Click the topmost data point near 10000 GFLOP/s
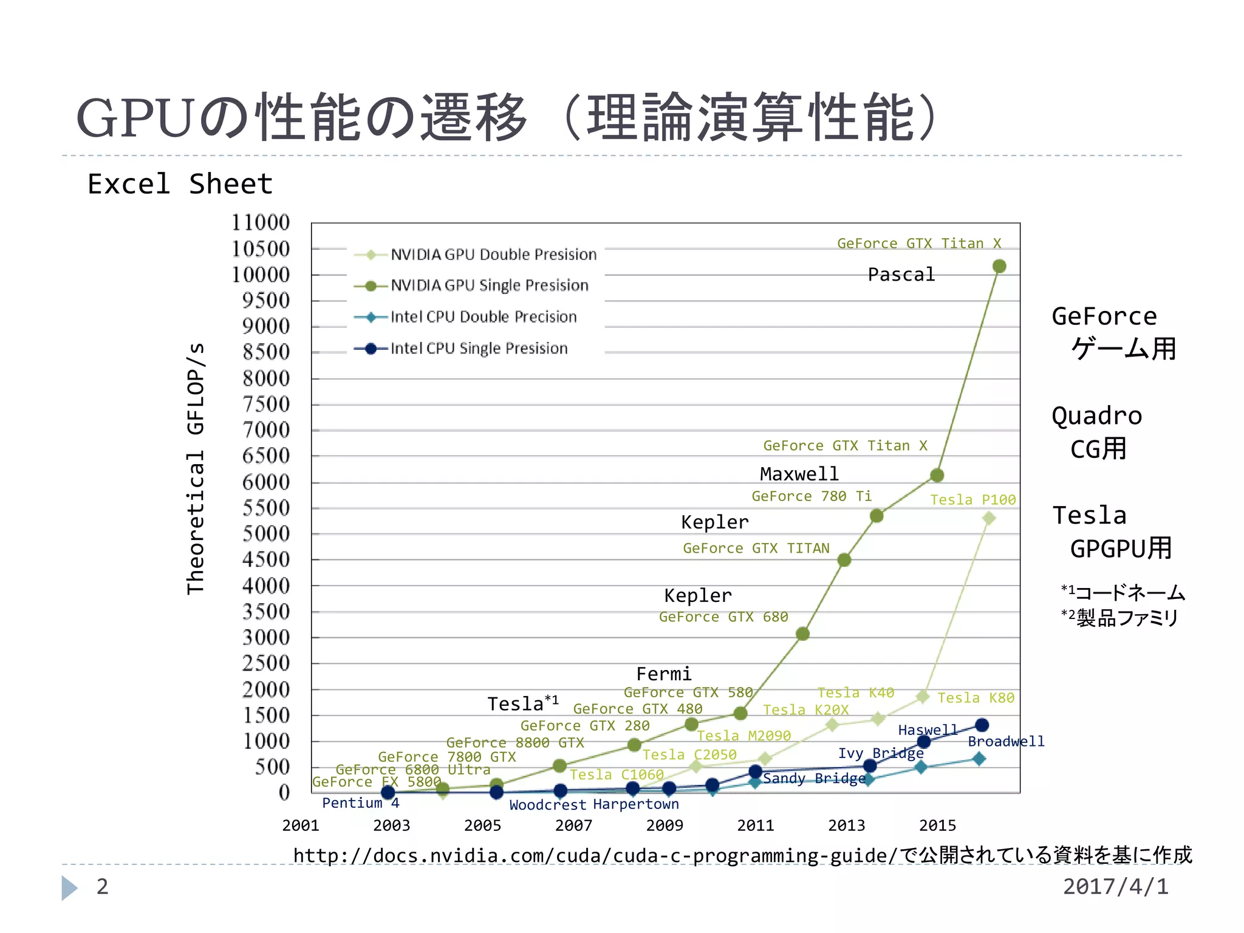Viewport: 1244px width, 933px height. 999,266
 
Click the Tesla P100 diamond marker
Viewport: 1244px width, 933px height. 988,518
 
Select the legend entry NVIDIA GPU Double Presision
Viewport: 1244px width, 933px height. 493,255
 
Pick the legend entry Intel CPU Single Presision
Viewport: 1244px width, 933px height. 479,348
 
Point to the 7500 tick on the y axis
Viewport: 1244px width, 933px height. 266,404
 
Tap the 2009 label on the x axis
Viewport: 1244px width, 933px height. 664,825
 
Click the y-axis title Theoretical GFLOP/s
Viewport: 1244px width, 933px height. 196,468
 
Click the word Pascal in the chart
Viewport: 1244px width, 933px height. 901,275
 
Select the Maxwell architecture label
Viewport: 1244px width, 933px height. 799,473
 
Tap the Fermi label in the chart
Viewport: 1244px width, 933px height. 663,674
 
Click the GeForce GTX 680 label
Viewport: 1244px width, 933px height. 723,617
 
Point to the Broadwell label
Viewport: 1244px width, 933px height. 1005,741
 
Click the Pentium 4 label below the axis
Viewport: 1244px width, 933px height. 360,802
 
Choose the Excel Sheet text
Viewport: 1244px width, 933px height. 180,184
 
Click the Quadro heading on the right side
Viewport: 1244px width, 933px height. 1096,416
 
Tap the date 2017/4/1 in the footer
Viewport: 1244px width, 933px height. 1115,886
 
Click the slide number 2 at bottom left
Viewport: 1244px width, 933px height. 102,886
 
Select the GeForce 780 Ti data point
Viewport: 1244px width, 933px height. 876,516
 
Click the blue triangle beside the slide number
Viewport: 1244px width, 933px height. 69,887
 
